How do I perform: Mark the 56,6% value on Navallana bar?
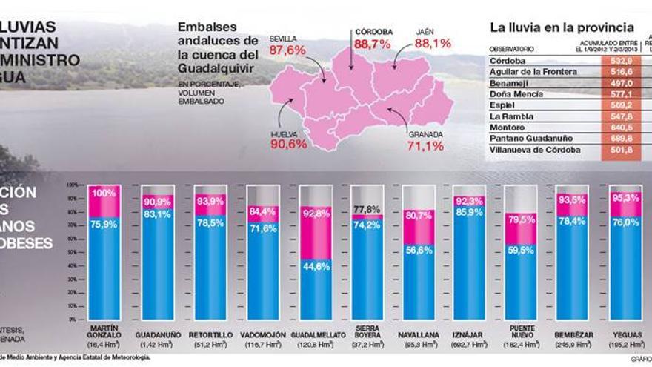pos(419,251)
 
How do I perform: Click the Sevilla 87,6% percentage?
pos(287,50)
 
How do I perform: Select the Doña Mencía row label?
pos(517,94)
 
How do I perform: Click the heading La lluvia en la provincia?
pos(562,27)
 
